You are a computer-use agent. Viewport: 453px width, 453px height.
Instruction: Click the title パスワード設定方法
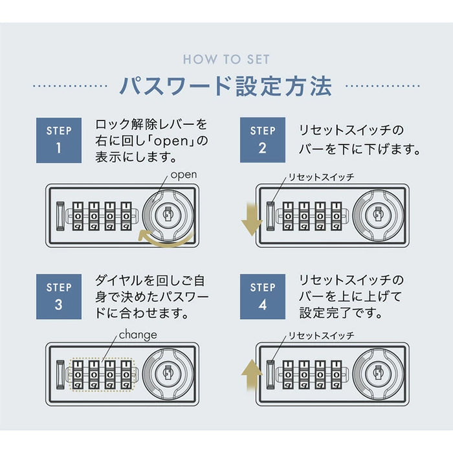[x=226, y=86]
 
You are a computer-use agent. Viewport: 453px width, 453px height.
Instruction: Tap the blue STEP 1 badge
[x=59, y=140]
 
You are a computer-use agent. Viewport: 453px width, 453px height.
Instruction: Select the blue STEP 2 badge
[x=262, y=140]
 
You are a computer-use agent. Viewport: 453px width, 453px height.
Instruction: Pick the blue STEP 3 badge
[x=59, y=296]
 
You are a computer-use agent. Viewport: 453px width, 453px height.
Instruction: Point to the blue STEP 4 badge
[x=262, y=296]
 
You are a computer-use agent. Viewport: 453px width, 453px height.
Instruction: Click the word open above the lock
[x=183, y=175]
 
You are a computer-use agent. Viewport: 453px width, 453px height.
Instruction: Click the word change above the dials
[x=137, y=335]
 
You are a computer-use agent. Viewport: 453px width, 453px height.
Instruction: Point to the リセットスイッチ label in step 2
[x=321, y=177]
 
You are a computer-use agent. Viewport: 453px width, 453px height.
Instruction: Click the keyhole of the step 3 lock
[x=166, y=371]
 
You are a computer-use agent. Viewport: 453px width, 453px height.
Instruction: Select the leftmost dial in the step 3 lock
[x=78, y=375]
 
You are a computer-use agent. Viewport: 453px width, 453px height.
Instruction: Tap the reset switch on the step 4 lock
[x=271, y=373]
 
